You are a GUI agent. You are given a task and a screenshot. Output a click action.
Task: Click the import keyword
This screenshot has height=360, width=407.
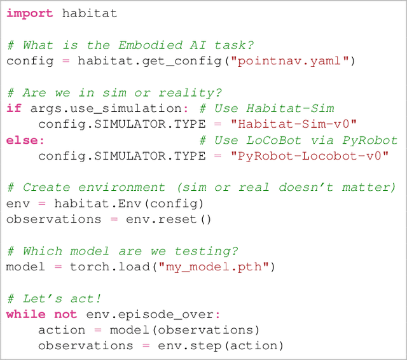30,13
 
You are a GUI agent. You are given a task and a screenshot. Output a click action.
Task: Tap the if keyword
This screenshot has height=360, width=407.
14,108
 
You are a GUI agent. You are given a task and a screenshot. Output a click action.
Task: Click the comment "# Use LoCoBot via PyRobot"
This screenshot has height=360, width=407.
298,140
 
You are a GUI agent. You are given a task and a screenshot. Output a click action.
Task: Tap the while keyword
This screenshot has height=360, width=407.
25,314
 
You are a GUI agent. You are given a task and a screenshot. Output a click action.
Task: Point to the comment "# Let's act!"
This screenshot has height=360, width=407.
54,298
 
